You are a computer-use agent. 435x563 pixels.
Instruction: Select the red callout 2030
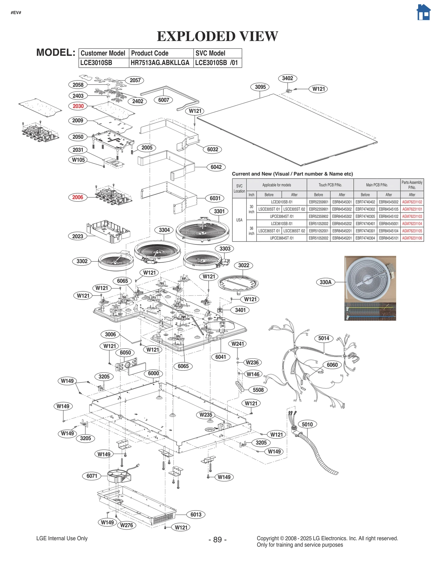click(x=78, y=106)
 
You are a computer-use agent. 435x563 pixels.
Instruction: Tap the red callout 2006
click(x=77, y=197)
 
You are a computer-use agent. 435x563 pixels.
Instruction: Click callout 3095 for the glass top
click(x=260, y=87)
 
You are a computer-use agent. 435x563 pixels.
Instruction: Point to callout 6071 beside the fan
click(x=92, y=476)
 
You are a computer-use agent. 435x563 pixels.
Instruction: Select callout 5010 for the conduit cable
click(x=307, y=424)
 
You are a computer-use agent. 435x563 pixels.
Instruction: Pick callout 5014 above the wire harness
click(x=324, y=338)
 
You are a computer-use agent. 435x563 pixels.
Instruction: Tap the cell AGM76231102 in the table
click(x=412, y=202)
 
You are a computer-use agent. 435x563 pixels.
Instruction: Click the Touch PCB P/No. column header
click(x=330, y=185)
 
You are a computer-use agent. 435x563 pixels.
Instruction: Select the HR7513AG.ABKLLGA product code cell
click(x=160, y=63)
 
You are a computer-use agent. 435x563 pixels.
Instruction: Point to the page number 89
click(x=217, y=540)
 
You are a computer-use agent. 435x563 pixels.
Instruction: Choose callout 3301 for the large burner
click(x=219, y=211)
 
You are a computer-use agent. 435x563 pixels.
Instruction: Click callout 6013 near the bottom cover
click(x=196, y=514)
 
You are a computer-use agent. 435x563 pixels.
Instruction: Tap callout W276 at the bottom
click(x=126, y=525)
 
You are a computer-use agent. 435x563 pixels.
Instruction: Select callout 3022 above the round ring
click(x=243, y=265)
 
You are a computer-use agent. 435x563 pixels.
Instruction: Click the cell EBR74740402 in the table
click(x=365, y=202)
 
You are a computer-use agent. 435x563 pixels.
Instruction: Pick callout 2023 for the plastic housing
click(x=77, y=236)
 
